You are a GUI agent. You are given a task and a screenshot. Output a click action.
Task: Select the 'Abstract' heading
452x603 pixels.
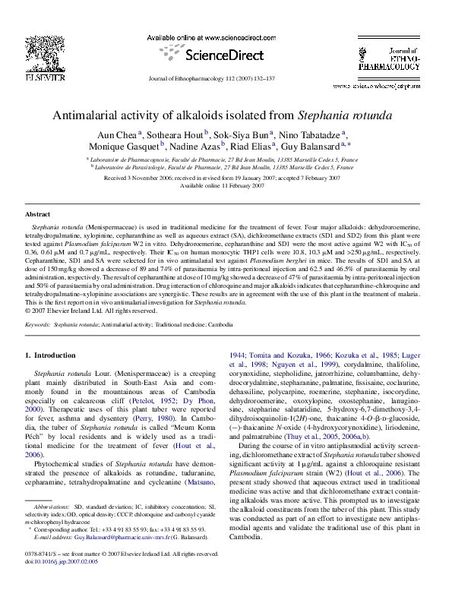(x=38, y=215)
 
